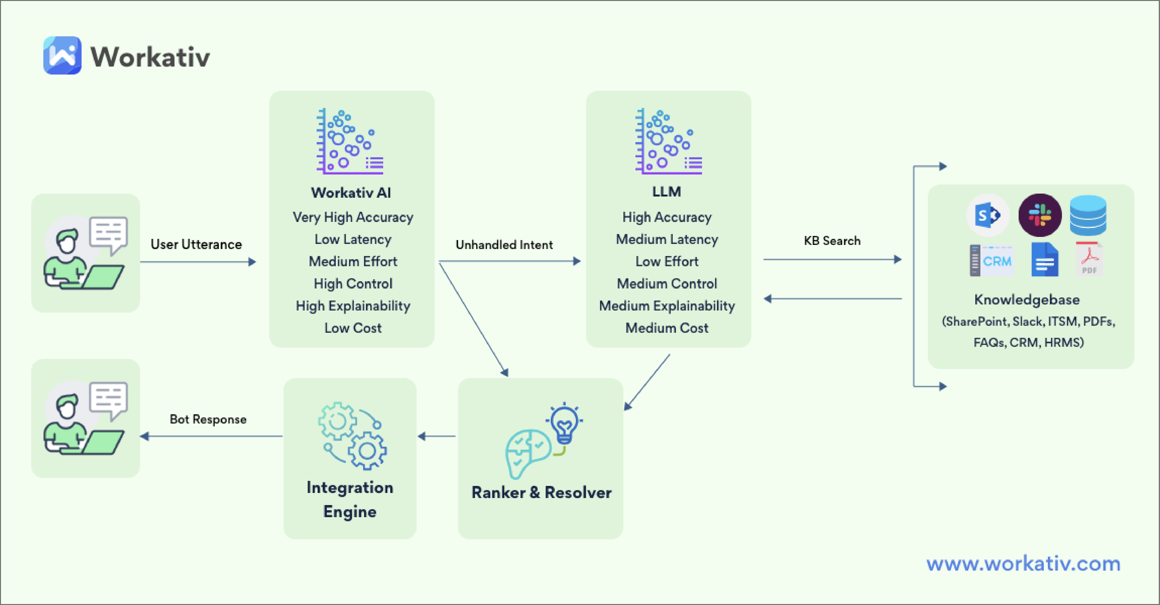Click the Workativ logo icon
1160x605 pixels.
[62, 55]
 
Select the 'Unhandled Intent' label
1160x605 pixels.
[504, 245]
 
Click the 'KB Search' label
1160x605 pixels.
[832, 241]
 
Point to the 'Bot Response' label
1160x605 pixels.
[208, 420]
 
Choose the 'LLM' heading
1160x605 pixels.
[666, 192]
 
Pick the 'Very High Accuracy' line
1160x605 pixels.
[353, 217]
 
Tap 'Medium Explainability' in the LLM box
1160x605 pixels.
[666, 306]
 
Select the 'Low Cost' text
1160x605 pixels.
[353, 328]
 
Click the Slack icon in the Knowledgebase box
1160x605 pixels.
[1040, 215]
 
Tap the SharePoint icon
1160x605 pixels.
[988, 215]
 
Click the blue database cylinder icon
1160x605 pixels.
[1088, 215]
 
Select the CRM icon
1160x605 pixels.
[991, 261]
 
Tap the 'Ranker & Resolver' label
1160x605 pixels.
[541, 492]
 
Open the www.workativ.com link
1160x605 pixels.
[1023, 564]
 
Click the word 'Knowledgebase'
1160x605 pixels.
[1027, 300]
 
